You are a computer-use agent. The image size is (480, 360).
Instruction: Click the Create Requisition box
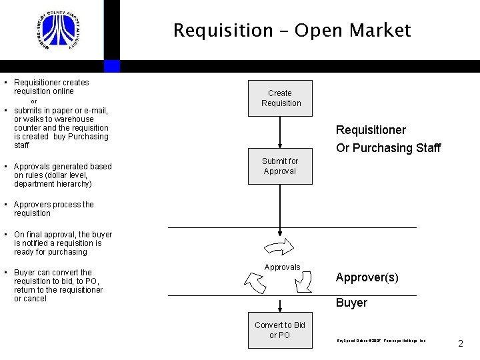[x=280, y=99]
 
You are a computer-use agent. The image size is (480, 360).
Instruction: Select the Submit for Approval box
[x=280, y=167]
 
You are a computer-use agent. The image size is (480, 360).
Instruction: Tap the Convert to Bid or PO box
[x=280, y=330]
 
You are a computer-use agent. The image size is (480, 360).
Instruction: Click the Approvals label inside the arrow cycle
[x=282, y=267]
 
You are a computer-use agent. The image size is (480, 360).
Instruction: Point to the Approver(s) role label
[x=367, y=277]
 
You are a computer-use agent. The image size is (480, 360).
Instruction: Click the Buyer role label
[x=351, y=303]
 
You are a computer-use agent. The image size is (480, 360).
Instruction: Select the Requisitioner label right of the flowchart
[x=371, y=130]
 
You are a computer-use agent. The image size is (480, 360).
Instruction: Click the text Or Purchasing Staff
[x=388, y=148]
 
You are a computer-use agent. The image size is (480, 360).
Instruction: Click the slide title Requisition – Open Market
[x=292, y=31]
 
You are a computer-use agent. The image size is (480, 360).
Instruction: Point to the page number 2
[x=460, y=344]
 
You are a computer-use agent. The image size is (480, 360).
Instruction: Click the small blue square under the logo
[x=112, y=66]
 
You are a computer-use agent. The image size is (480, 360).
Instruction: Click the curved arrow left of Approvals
[x=255, y=283]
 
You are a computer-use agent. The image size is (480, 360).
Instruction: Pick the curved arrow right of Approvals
[x=303, y=283]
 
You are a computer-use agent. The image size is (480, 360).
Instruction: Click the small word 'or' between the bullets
[x=34, y=101]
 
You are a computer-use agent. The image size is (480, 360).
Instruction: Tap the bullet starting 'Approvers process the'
[x=53, y=209]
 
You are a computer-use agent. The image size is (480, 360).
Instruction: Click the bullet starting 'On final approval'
[x=63, y=243]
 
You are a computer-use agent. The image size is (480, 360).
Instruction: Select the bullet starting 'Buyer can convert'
[x=58, y=285]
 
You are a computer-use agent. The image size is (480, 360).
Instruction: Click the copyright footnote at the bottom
[x=381, y=340]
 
